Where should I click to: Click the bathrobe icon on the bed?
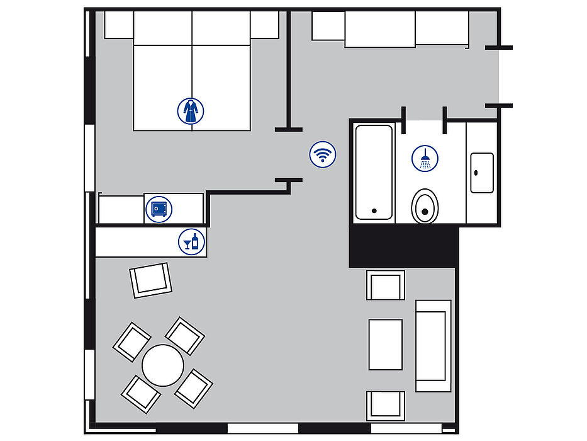191,111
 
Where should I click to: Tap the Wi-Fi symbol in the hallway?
323,154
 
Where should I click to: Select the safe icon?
159,209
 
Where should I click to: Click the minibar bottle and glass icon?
191,241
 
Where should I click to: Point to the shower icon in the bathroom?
425,159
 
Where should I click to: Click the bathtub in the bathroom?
374,172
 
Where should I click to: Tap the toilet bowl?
425,205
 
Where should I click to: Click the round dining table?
163,365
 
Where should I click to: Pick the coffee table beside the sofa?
385,345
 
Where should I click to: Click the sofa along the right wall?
433,346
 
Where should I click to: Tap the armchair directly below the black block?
386,285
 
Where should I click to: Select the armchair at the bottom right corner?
386,405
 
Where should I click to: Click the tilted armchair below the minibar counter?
151,280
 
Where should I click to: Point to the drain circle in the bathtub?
374,211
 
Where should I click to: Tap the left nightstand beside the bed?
119,25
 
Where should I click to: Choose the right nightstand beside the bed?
264,25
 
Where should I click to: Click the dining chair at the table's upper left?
131,341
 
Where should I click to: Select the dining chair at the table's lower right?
194,388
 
